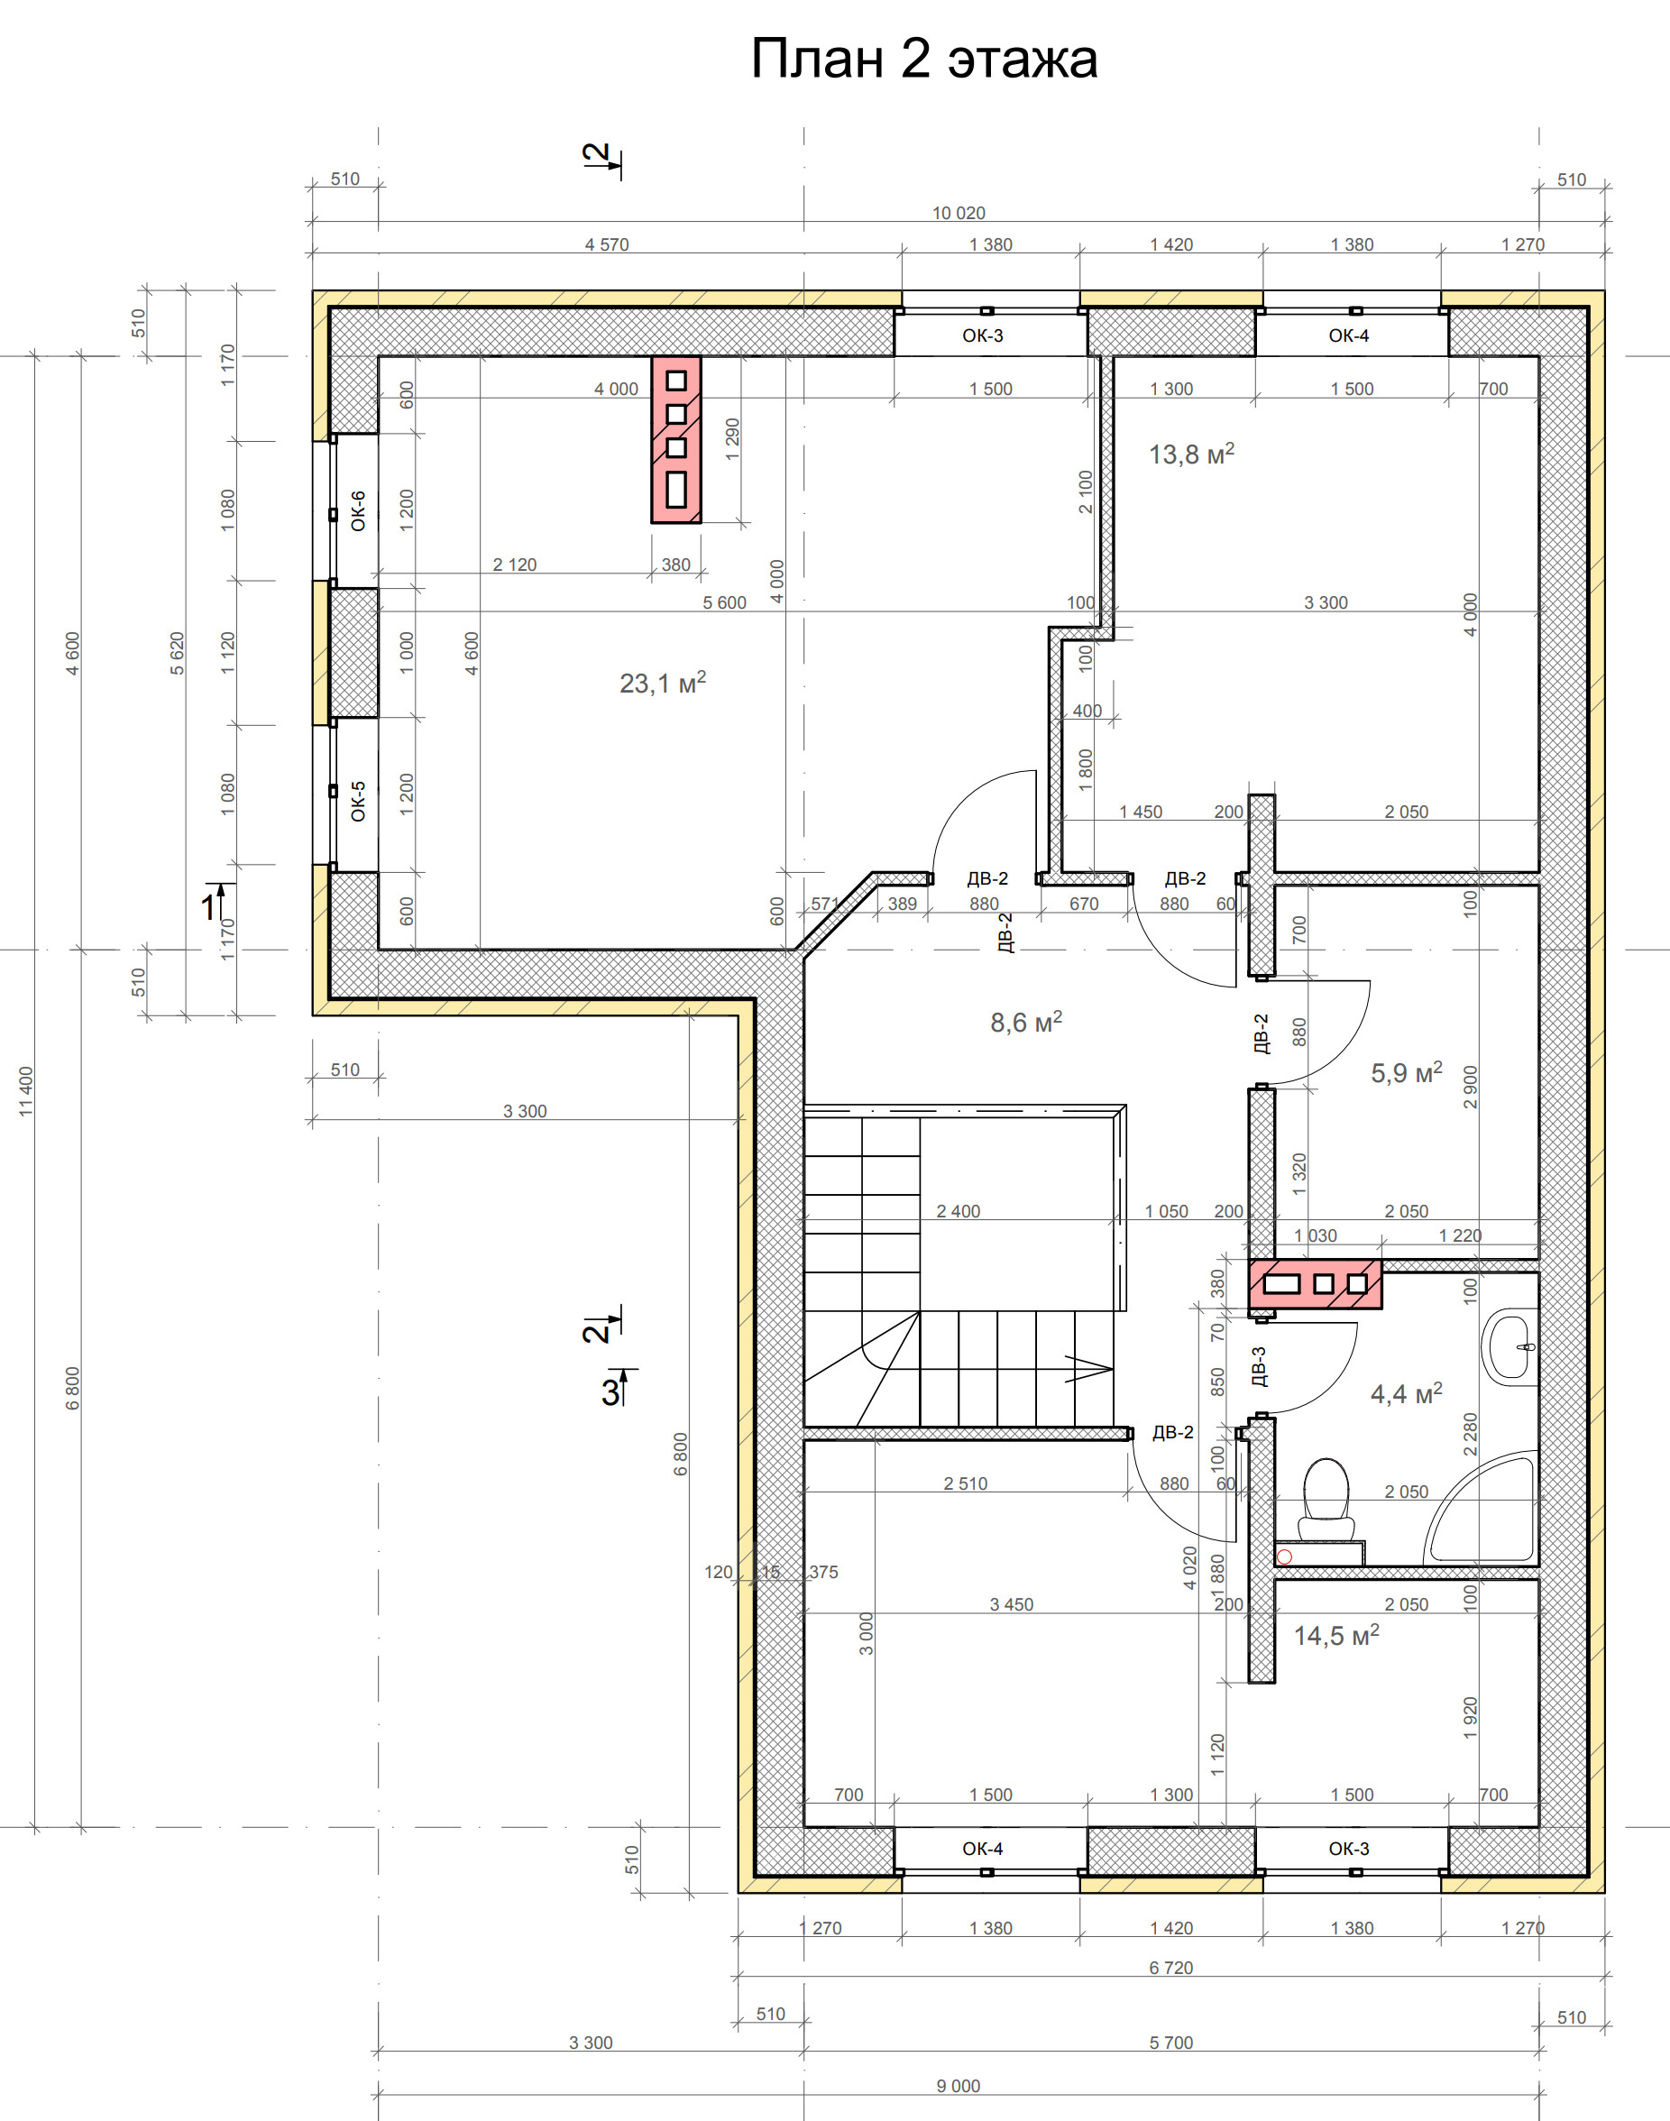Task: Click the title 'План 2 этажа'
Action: pyautogui.click(x=924, y=59)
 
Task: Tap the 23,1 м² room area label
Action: pyautogui.click(x=663, y=682)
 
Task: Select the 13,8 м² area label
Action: pyautogui.click(x=1191, y=453)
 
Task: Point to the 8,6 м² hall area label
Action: pyautogui.click(x=1025, y=1022)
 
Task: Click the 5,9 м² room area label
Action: pyautogui.click(x=1406, y=1073)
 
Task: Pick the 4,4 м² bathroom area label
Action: pyautogui.click(x=1406, y=1393)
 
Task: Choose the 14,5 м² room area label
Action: pyautogui.click(x=1336, y=1636)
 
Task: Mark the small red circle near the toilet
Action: pyautogui.click(x=1285, y=1556)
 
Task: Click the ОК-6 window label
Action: pyautogui.click(x=358, y=510)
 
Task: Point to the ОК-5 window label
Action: pyautogui.click(x=358, y=800)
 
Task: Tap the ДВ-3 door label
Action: pyautogui.click(x=1259, y=1366)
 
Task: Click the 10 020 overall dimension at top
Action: pyautogui.click(x=959, y=213)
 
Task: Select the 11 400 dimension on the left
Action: pyautogui.click(x=26, y=1091)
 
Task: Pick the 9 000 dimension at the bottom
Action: pyautogui.click(x=959, y=2086)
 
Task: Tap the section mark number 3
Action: pyautogui.click(x=610, y=1391)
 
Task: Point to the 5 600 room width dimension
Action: pyautogui.click(x=724, y=602)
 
